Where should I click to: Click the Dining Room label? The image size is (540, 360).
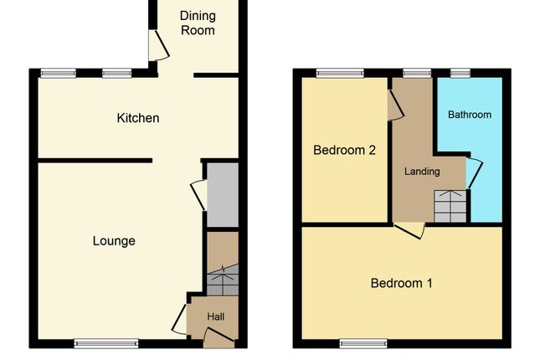[x=198, y=23]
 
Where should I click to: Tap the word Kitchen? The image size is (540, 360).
[x=137, y=118]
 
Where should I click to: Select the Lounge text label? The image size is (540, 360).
[x=114, y=241]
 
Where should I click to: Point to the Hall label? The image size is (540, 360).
[x=215, y=316]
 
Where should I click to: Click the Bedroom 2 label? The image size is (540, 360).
[x=344, y=151]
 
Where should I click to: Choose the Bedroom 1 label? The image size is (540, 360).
[x=401, y=283]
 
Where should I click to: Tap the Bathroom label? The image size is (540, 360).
[x=469, y=115]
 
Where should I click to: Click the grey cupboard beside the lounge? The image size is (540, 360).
[x=223, y=195]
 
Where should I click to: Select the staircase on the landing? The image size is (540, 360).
[x=450, y=206]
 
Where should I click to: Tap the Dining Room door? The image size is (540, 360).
[x=156, y=46]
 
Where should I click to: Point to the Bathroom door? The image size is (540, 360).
[x=473, y=172]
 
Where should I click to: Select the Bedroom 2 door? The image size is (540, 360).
[x=395, y=105]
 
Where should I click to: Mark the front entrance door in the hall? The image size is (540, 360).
[x=218, y=337]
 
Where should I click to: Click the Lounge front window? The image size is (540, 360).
[x=106, y=342]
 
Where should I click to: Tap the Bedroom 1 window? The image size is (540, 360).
[x=363, y=342]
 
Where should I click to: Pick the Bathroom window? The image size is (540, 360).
[x=460, y=73]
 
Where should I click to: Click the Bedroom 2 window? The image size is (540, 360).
[x=340, y=73]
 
